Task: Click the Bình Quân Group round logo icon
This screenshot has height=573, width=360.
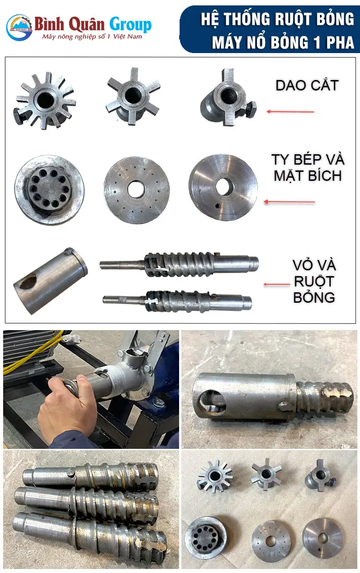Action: [19, 27]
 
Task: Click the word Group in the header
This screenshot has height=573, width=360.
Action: [130, 24]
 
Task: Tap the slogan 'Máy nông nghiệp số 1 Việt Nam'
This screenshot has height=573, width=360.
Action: [92, 36]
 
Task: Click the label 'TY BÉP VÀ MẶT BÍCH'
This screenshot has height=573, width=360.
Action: [307, 167]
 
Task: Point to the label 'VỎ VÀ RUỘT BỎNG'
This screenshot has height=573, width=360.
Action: [314, 281]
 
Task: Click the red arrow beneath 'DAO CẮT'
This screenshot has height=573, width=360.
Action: [290, 111]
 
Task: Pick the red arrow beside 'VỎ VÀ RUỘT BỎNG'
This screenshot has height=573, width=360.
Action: [277, 284]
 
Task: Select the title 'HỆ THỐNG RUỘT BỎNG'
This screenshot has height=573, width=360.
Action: [277, 19]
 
